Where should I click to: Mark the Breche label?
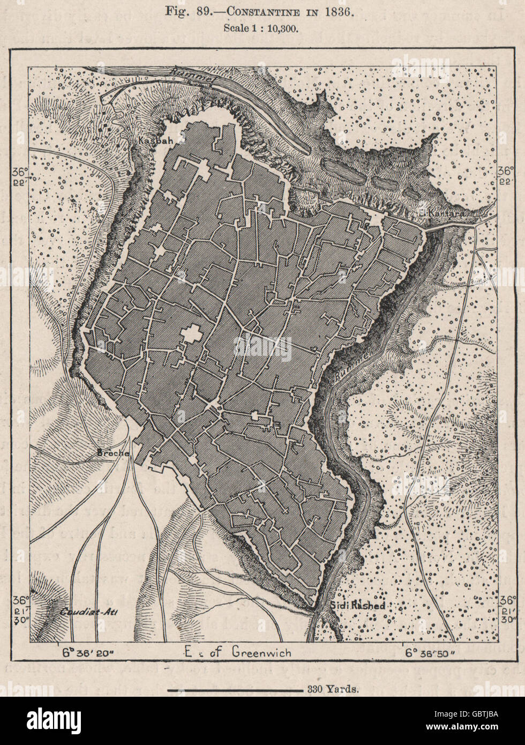click(x=113, y=453)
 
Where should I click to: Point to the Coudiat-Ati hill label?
click(x=82, y=612)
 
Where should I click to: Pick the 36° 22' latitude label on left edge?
click(x=20, y=176)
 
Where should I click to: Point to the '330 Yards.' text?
click(x=333, y=689)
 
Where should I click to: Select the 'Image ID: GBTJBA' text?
click(x=476, y=714)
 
